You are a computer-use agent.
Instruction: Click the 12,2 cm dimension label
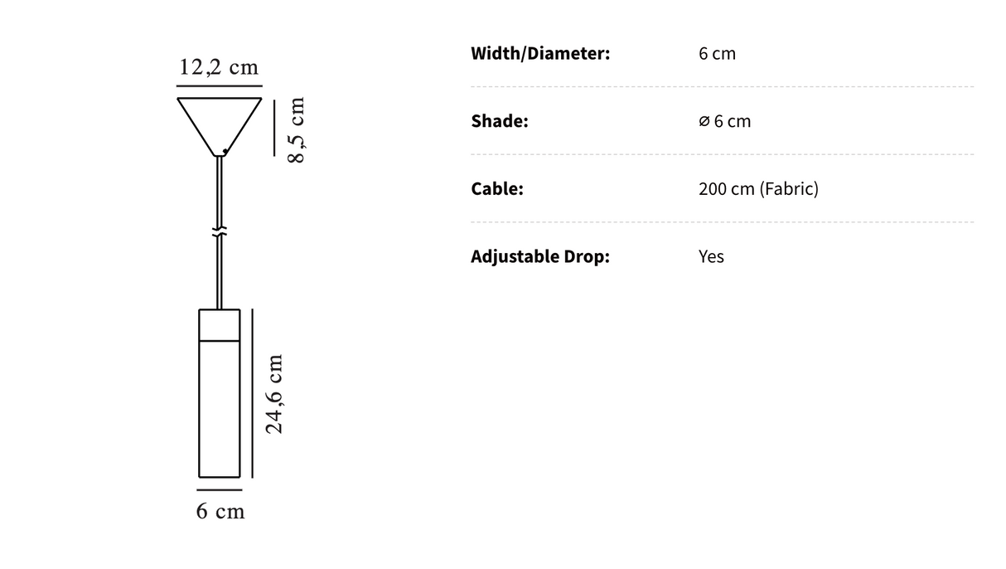pos(220,67)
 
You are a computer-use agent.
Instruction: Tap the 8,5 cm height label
pos(297,130)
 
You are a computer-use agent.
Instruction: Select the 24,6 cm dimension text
pos(274,394)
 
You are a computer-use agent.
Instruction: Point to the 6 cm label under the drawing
pos(220,512)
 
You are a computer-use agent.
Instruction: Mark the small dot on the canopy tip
pos(225,150)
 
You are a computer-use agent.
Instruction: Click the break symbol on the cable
pos(220,231)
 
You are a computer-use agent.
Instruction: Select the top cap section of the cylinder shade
pos(220,324)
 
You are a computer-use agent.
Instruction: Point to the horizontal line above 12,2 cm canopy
pos(220,85)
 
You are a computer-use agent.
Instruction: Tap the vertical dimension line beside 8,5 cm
pos(274,127)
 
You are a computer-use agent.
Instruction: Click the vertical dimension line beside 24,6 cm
pos(252,394)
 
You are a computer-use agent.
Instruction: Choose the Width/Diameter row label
pos(540,54)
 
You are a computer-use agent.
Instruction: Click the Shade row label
pos(500,121)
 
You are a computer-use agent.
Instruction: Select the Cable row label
pos(497,188)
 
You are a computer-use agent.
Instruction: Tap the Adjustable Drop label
pos(540,256)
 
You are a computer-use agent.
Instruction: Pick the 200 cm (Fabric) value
pos(758,188)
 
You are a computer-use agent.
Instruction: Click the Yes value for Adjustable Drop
pos(711,256)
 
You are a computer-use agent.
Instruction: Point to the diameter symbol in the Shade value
pos(704,121)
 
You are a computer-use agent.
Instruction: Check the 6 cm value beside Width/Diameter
pos(717,54)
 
